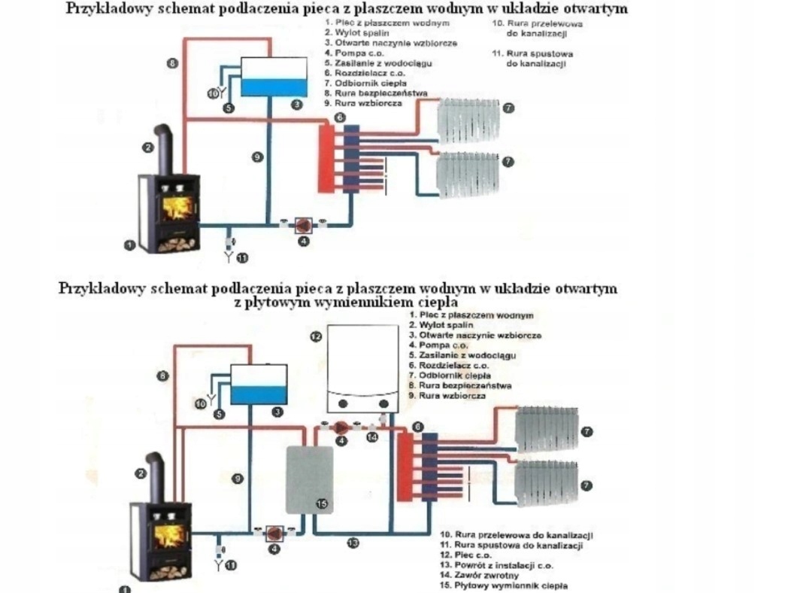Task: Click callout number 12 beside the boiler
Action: click(x=316, y=336)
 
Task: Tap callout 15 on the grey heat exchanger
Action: click(x=322, y=504)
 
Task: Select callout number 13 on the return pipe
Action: click(x=353, y=542)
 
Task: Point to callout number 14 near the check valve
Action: click(x=372, y=437)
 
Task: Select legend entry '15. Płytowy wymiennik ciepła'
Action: click(x=503, y=585)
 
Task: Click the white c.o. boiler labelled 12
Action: click(x=362, y=365)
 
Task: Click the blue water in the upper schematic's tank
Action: click(x=274, y=87)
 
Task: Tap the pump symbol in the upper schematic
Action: click(x=304, y=225)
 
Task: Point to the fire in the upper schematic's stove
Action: click(x=175, y=208)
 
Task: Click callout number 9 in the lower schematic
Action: click(x=237, y=478)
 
